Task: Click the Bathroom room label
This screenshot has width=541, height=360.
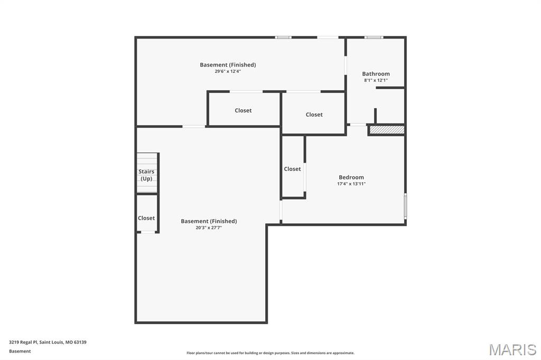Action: pyautogui.click(x=376, y=74)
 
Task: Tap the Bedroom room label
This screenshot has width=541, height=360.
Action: pyautogui.click(x=351, y=177)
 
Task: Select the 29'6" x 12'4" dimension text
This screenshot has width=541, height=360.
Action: pyautogui.click(x=228, y=71)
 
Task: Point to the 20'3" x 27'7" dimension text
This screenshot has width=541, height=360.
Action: pyautogui.click(x=209, y=228)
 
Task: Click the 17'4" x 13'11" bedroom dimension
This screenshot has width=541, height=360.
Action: pyautogui.click(x=351, y=184)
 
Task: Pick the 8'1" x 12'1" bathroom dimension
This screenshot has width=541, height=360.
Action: pyautogui.click(x=376, y=80)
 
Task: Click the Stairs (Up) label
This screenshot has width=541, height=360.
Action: pyautogui.click(x=146, y=175)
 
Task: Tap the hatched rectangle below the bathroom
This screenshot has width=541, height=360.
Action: pyautogui.click(x=387, y=129)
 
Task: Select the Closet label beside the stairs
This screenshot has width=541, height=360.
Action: pyautogui.click(x=146, y=218)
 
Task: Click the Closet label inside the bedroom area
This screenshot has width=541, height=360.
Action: pyautogui.click(x=292, y=169)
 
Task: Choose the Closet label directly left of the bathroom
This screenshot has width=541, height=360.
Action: pyautogui.click(x=314, y=115)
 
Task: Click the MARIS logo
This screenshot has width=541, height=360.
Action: pyautogui.click(x=512, y=349)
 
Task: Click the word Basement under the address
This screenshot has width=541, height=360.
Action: pyautogui.click(x=20, y=351)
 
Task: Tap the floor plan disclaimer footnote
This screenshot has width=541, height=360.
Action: pyautogui.click(x=270, y=353)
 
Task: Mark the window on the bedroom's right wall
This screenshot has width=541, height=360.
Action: pyautogui.click(x=405, y=206)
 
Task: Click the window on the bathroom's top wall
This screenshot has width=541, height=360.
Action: pyautogui.click(x=374, y=37)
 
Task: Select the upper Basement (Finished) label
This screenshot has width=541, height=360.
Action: pyautogui.click(x=228, y=65)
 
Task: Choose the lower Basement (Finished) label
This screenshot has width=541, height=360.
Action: pyautogui.click(x=209, y=221)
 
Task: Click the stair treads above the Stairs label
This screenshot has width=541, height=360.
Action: pyautogui.click(x=147, y=160)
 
